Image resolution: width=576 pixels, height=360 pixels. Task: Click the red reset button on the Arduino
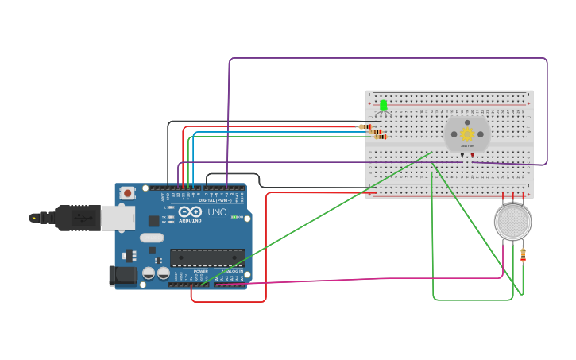[127, 193]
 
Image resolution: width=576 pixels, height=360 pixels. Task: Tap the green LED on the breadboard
[383, 106]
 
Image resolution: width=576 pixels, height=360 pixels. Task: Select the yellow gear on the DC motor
[467, 134]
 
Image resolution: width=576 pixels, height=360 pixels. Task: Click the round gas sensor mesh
[512, 222]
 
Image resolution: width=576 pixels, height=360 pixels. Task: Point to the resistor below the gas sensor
[523, 255]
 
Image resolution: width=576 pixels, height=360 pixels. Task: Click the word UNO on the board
[217, 213]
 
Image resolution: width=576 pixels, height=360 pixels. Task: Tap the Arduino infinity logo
[190, 212]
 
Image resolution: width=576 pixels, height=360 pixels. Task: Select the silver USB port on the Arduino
[118, 217]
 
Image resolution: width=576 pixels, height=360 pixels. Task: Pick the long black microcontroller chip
[207, 257]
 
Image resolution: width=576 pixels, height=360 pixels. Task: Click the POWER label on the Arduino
[200, 271]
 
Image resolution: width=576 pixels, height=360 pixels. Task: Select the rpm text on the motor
[467, 146]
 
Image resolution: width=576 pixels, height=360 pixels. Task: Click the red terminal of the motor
[473, 155]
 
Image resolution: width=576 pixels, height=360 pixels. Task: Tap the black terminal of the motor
[462, 155]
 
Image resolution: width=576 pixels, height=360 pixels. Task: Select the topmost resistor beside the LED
[366, 126]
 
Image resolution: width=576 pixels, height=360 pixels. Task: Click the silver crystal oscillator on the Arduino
[151, 238]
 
